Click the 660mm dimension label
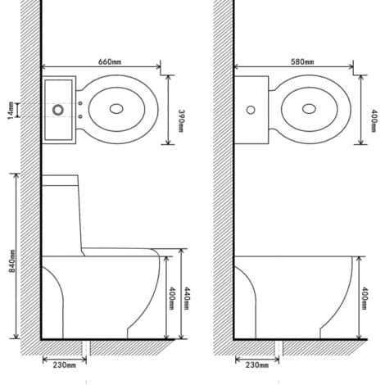[x=110, y=61]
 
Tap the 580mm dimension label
[x=302, y=62]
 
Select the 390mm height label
[x=181, y=120]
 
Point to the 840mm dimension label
[x=12, y=261]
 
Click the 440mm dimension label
[x=186, y=298]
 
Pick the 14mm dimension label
[x=11, y=111]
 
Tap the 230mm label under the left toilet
[x=65, y=365]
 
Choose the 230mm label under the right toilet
[x=257, y=365]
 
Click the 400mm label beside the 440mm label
[x=171, y=298]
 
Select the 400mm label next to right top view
[x=374, y=120]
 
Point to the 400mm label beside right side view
[x=364, y=298]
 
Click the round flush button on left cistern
[x=58, y=110]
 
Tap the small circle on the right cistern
[x=251, y=110]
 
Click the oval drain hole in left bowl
[x=116, y=109]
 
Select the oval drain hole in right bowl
[x=309, y=109]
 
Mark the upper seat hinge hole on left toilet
[x=80, y=103]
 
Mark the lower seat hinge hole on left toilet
[x=80, y=116]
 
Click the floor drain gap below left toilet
[x=86, y=347]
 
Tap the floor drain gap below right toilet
[x=279, y=347]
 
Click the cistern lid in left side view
[x=60, y=180]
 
